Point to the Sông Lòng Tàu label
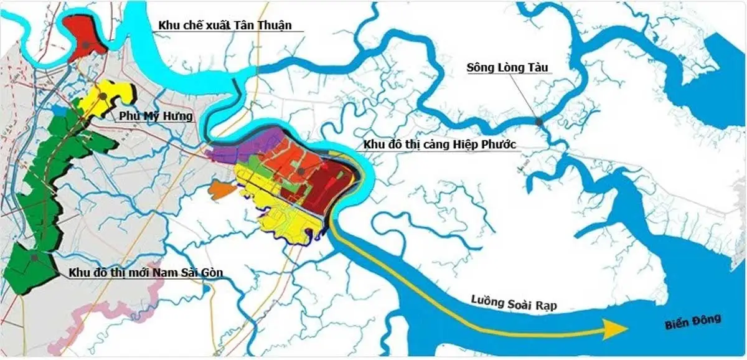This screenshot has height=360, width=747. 509,67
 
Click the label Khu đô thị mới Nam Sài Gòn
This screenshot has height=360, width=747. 146,272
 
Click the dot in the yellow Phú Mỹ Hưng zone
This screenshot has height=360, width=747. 103,97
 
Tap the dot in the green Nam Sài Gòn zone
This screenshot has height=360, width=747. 35,257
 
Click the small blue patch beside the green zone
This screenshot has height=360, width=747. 60,110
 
